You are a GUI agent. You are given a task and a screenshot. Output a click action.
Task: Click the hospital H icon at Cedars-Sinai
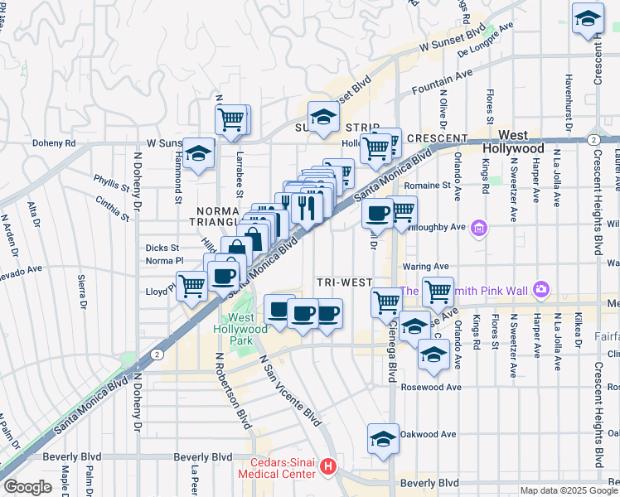[329, 467]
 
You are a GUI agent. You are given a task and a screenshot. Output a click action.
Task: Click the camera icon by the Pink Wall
[540, 290]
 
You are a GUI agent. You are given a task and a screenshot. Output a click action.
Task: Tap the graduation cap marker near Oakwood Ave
[383, 439]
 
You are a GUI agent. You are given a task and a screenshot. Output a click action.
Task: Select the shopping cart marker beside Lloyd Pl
[192, 287]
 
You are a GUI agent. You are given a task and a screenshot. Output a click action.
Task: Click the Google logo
[27, 487]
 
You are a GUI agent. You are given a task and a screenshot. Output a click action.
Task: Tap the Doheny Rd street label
[54, 142]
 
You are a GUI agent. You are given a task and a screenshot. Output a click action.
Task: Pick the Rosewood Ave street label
[430, 387]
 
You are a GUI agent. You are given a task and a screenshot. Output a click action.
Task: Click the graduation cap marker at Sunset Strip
[324, 117]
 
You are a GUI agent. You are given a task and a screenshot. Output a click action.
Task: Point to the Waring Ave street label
[425, 267]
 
